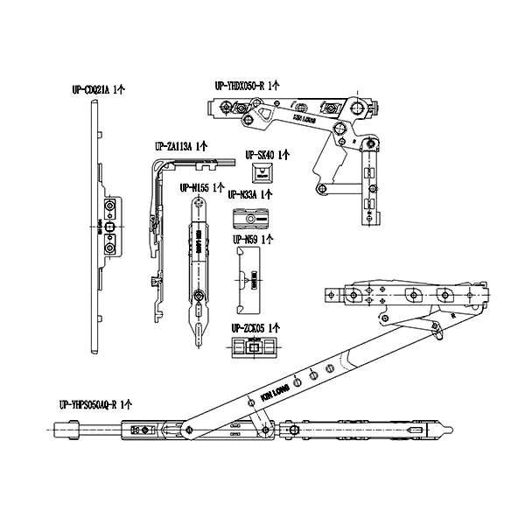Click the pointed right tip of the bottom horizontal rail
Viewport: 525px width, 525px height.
click(x=451, y=428)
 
